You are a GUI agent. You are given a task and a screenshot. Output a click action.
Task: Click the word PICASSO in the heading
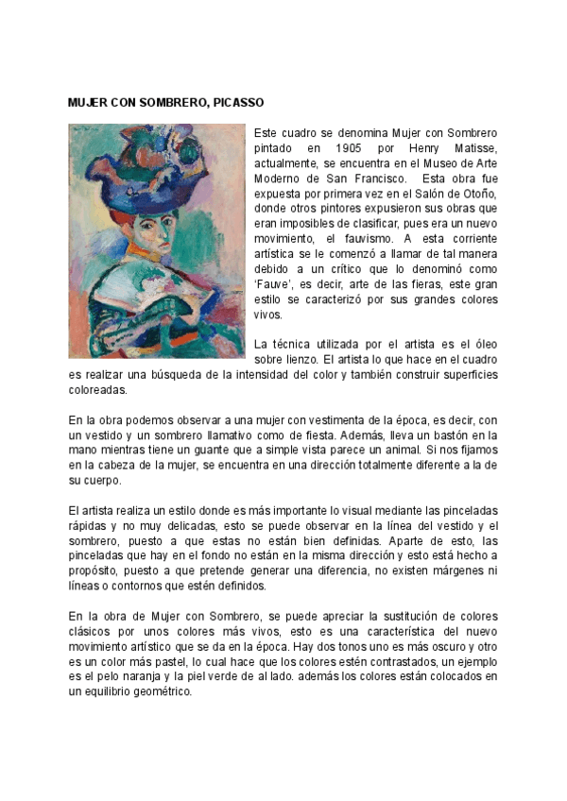tap(233, 101)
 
